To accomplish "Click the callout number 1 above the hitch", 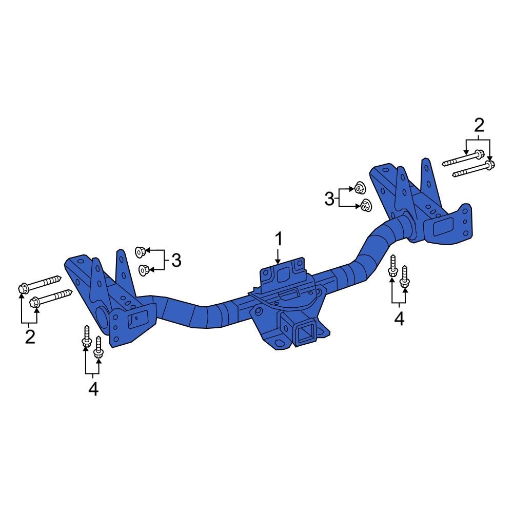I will pyautogui.click(x=278, y=239).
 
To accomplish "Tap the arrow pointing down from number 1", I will pyautogui.click(x=278, y=256).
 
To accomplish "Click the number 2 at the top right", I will pyautogui.click(x=478, y=125).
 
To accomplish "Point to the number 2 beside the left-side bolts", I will pyautogui.click(x=30, y=337).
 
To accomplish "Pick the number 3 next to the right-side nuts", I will pyautogui.click(x=329, y=198).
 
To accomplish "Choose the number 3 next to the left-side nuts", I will pyautogui.click(x=176, y=261).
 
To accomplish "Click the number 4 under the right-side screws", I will pyautogui.click(x=399, y=319).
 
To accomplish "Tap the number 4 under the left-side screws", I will pyautogui.click(x=93, y=389).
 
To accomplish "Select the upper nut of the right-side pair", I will pyautogui.click(x=359, y=188).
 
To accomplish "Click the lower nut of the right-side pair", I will pyautogui.click(x=365, y=205).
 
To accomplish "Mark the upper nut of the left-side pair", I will pyautogui.click(x=139, y=251).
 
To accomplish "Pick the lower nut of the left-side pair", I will pyautogui.click(x=144, y=268).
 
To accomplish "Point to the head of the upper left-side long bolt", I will pyautogui.click(x=23, y=289).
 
